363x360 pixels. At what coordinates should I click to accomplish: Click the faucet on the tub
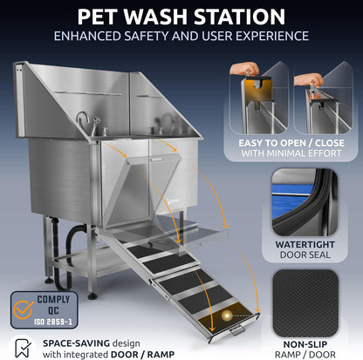85,122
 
